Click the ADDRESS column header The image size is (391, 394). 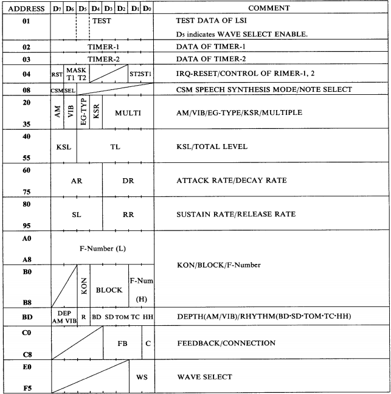(24, 9)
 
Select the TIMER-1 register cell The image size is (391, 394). (102, 47)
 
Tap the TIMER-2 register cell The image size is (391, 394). (102, 60)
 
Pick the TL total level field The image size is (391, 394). (116, 147)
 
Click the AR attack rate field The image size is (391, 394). (77, 181)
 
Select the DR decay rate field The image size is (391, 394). (128, 181)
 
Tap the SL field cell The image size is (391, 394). (77, 215)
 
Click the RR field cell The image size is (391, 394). (128, 215)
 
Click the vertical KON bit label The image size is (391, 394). (84, 285)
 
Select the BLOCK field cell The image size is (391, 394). (109, 289)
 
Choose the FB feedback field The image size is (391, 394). (122, 343)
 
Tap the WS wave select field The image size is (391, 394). (142, 377)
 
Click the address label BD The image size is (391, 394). (25, 317)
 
